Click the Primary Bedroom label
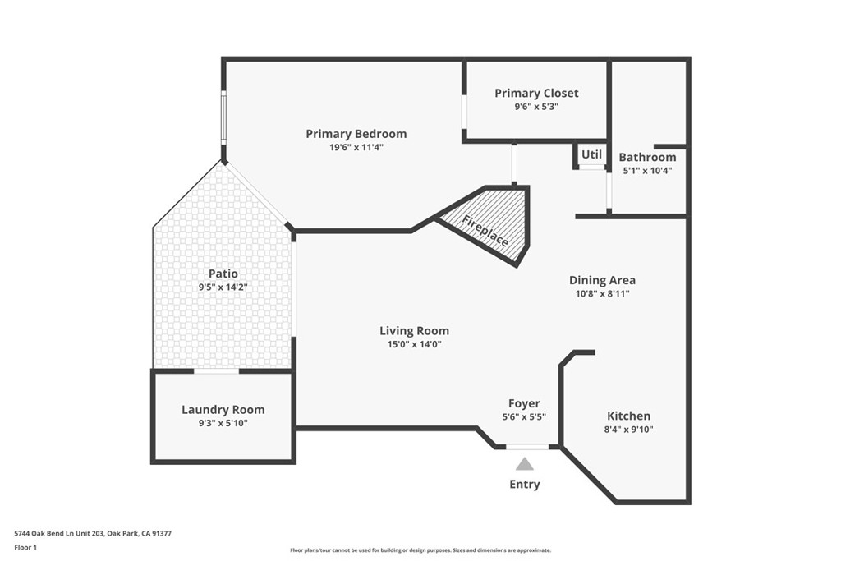coord(356,134)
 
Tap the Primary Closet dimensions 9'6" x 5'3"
coord(536,107)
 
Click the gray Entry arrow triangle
coord(524,464)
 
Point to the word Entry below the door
coord(524,484)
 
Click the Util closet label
coord(591,154)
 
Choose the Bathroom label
coord(647,157)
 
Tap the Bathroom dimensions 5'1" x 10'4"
coord(647,171)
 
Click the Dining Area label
coord(602,280)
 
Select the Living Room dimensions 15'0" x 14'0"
coord(414,345)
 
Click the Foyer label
coord(524,403)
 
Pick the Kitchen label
coord(628,416)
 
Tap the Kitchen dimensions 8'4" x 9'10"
coord(628,430)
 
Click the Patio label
coord(223,274)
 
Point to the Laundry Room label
coord(223,410)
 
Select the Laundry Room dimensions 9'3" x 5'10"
coord(223,424)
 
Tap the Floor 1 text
coord(25,546)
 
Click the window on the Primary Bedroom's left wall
coord(223,119)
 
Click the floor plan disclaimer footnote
coord(420,550)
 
